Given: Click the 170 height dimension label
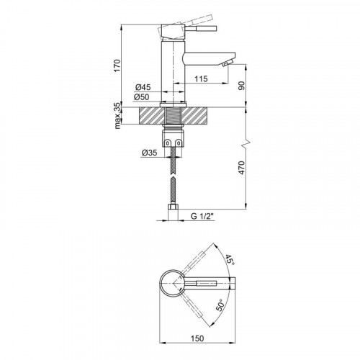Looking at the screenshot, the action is [117, 65].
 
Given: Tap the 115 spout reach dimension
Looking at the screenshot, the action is [201, 78].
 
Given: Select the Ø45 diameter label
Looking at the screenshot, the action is [143, 87].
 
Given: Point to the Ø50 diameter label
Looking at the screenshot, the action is [142, 97].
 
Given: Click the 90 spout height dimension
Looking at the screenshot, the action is [242, 86].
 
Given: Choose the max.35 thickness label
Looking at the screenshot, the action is [117, 116].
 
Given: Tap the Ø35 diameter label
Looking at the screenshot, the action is [149, 153].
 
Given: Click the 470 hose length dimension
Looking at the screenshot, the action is [242, 168].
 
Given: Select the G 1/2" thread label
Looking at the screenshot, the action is [202, 216].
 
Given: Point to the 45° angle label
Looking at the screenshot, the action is [229, 259].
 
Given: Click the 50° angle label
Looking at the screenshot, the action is [221, 305].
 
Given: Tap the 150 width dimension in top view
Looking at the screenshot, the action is [197, 338].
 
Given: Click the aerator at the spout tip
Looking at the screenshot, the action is [227, 63].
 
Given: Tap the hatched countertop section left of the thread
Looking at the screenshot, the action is [151, 116].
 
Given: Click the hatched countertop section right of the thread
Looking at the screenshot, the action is [194, 116].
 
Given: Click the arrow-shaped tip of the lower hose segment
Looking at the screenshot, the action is [173, 179].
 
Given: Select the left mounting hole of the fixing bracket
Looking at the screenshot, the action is [168, 143].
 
